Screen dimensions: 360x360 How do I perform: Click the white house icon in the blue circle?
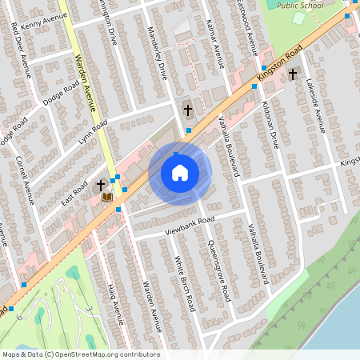pyautogui.click(x=180, y=172)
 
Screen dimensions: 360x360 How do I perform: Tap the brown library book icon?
pyautogui.click(x=106, y=197)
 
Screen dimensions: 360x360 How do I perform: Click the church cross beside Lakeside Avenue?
pyautogui.click(x=293, y=74)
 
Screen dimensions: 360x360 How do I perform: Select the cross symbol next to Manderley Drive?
pyautogui.click(x=188, y=110)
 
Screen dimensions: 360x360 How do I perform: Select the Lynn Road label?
pyautogui.click(x=93, y=128)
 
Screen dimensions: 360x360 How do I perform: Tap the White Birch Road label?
pyautogui.click(x=185, y=282)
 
